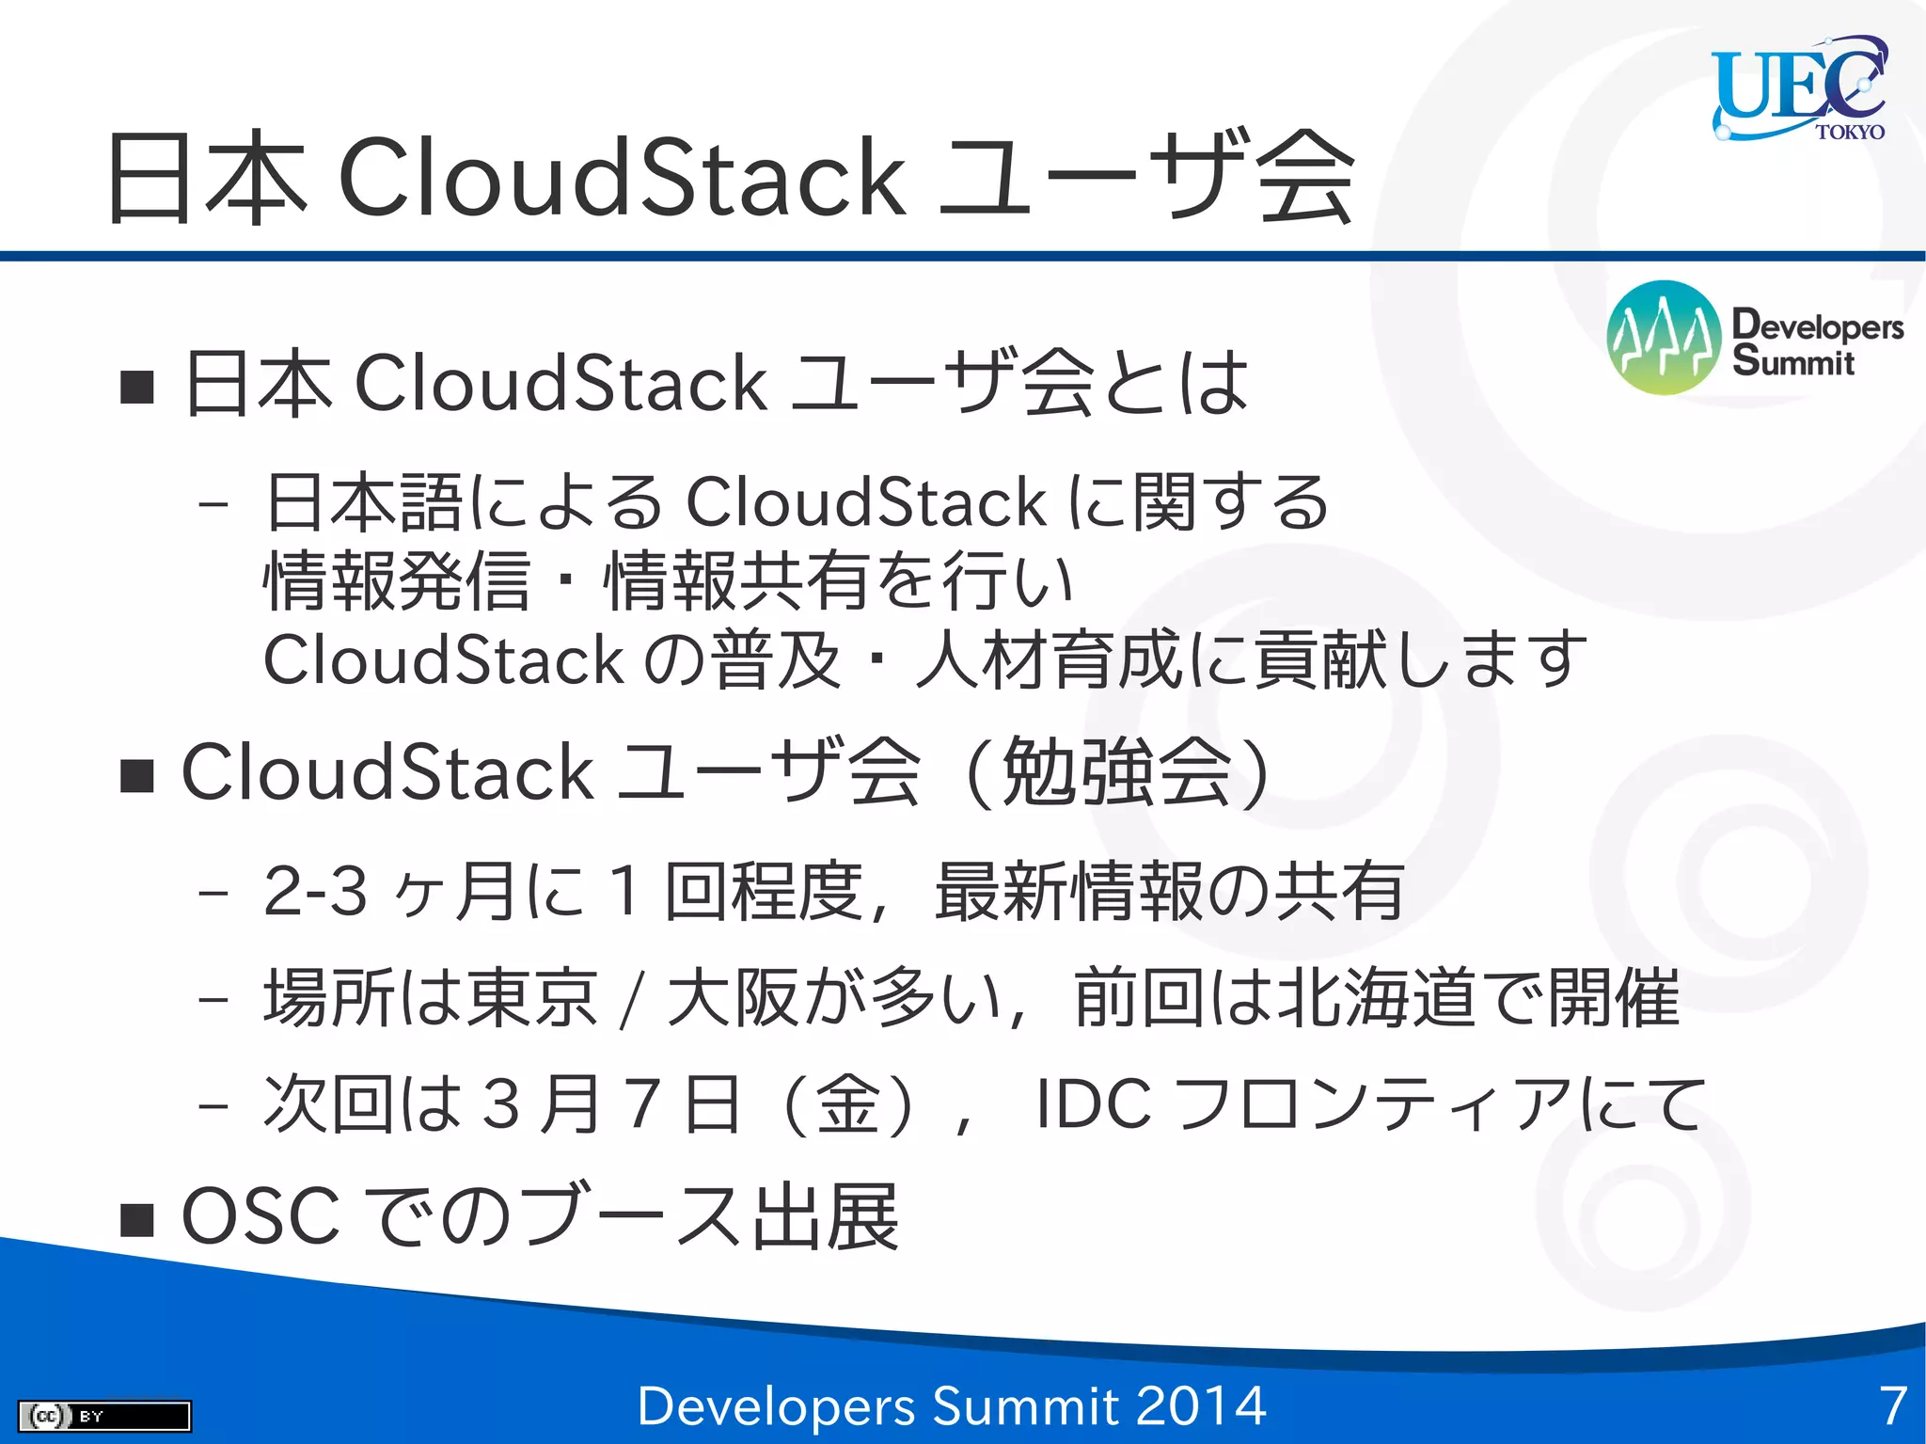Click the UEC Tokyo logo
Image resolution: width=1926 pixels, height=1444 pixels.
[1799, 89]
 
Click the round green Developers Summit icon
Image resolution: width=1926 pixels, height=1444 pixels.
[1664, 337]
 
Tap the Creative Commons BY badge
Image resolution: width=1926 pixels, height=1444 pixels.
[104, 1415]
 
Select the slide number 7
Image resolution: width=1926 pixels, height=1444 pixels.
[1893, 1405]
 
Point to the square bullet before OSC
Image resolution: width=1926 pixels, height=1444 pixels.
[137, 1219]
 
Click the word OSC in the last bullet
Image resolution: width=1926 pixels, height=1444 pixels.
[260, 1216]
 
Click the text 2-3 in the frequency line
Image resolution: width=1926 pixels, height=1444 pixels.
[314, 890]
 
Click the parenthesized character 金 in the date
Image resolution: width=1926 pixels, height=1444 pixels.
[847, 1103]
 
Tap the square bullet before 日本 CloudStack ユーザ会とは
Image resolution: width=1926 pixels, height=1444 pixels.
[137, 386]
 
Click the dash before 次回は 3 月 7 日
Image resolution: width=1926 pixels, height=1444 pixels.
[214, 1105]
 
